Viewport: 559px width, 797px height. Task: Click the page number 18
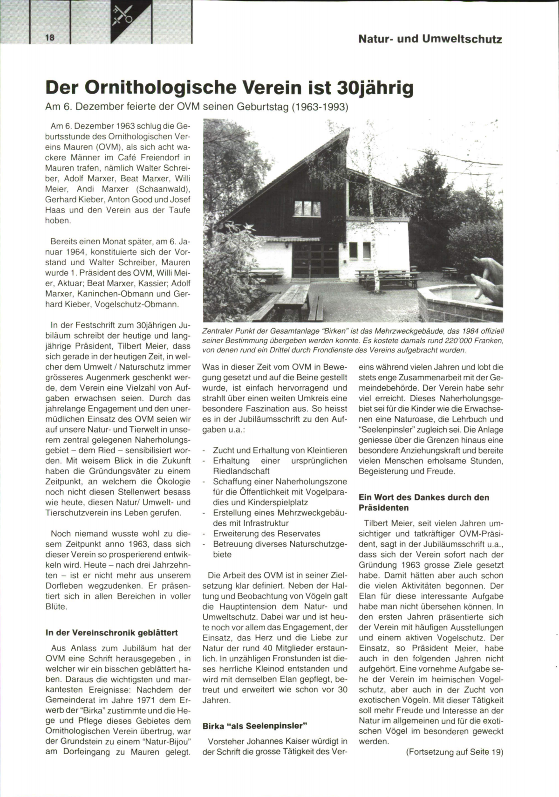pos(50,38)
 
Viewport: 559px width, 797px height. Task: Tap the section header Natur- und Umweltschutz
pos(430,39)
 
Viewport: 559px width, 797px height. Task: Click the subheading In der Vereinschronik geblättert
pos(112,632)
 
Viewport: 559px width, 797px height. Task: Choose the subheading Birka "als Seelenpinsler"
pos(256,726)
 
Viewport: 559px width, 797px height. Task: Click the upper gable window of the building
pos(304,208)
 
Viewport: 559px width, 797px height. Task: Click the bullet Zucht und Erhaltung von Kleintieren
pos(280,450)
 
